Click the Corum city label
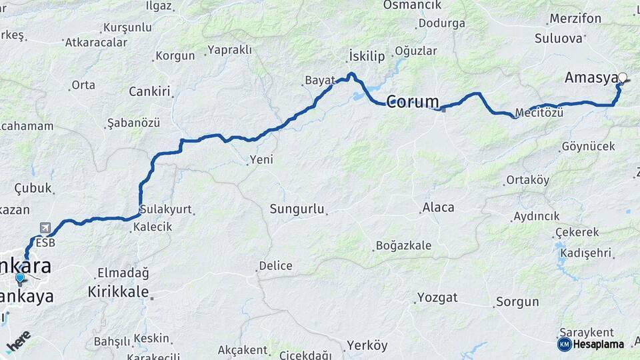[x=413, y=102]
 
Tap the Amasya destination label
[x=591, y=78]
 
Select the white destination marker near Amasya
[x=623, y=77]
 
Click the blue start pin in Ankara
[x=20, y=278]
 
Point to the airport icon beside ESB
[x=45, y=229]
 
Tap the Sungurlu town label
[x=297, y=209]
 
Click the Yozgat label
[x=438, y=297]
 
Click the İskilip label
[x=367, y=56]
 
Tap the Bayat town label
[x=319, y=80]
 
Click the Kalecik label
[x=152, y=227]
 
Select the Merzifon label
[x=574, y=19]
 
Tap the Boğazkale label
[x=403, y=245]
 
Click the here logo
[x=18, y=341]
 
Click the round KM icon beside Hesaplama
[x=564, y=344]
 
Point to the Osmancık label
[x=412, y=5]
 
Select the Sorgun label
[x=517, y=302]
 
